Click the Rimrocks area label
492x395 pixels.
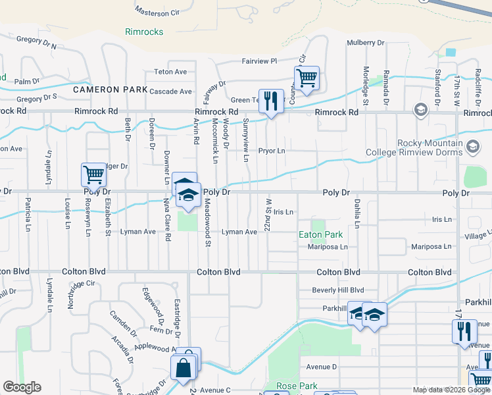click(x=144, y=32)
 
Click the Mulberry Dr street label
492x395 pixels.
click(x=365, y=43)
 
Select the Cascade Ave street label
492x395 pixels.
click(x=170, y=92)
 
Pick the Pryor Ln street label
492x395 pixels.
click(x=272, y=151)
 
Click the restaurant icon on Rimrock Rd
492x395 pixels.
click(x=271, y=101)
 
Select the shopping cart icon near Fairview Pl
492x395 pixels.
click(x=307, y=78)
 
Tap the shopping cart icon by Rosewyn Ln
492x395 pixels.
click(x=94, y=176)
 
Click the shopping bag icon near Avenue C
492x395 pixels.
click(x=184, y=367)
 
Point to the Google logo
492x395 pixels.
click(x=22, y=387)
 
